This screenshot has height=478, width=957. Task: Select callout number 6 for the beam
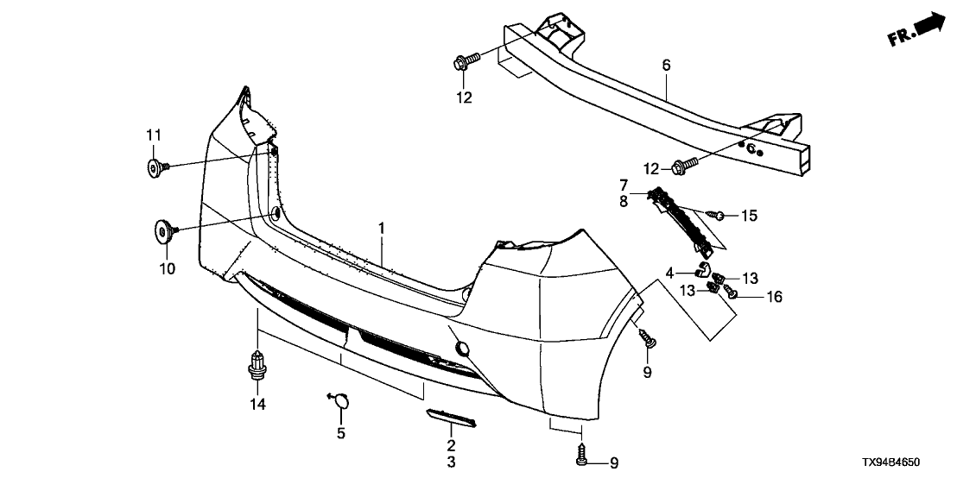(x=666, y=65)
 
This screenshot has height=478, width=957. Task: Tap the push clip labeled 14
(x=257, y=364)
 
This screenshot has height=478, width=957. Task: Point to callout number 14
(x=257, y=404)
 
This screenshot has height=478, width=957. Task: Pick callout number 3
(x=451, y=462)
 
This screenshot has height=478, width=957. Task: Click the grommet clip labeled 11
(x=156, y=167)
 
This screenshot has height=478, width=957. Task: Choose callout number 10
(x=167, y=268)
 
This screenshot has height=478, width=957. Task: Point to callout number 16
(x=773, y=297)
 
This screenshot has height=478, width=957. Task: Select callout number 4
(x=669, y=273)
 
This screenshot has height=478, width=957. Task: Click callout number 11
(x=153, y=134)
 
